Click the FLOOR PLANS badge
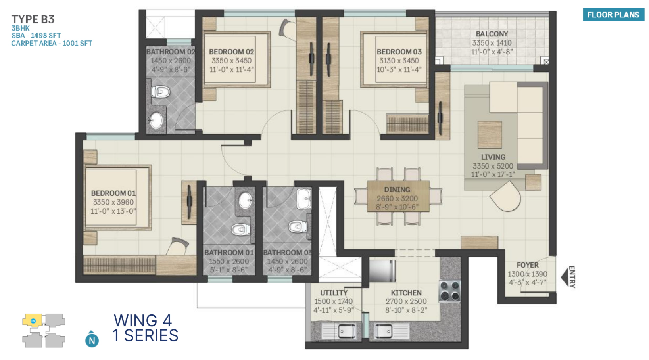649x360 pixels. pyautogui.click(x=613, y=15)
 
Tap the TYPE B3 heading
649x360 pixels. pyautogui.click(x=33, y=19)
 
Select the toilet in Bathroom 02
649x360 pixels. pyautogui.click(x=160, y=92)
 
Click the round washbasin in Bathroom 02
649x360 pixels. pyautogui.click(x=156, y=120)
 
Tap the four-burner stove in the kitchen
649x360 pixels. pyautogui.click(x=449, y=291)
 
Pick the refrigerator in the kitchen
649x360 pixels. pyautogui.click(x=382, y=270)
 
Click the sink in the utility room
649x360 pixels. pyautogui.click(x=347, y=331)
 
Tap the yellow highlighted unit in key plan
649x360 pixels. pyautogui.click(x=33, y=321)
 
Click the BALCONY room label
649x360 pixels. pyautogui.click(x=492, y=34)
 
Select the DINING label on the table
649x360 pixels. pyautogui.click(x=397, y=190)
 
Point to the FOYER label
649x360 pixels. pyautogui.click(x=528, y=265)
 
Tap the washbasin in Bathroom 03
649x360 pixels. pyautogui.click(x=304, y=199)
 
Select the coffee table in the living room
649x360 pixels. pyautogui.click(x=490, y=135)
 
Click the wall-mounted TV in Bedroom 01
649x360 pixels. pyautogui.click(x=189, y=202)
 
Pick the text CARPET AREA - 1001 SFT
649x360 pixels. pyautogui.click(x=52, y=43)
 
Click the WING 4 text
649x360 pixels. pyautogui.click(x=143, y=321)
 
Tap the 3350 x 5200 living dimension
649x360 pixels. pyautogui.click(x=493, y=166)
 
